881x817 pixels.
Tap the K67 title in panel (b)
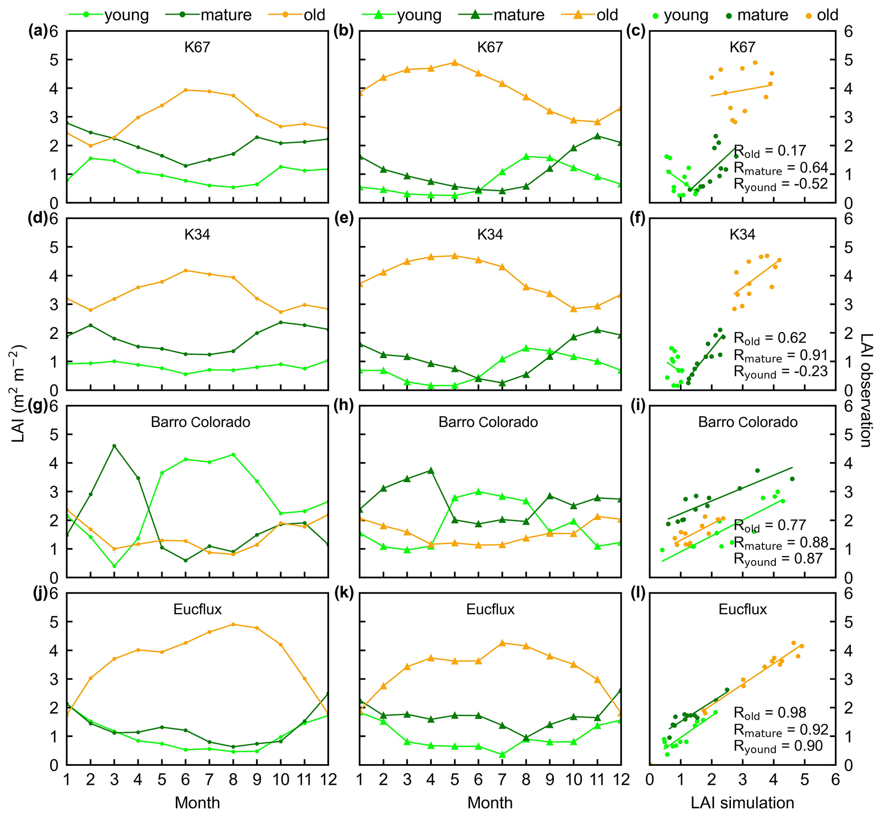coord(490,47)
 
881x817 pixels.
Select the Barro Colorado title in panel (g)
coord(200,422)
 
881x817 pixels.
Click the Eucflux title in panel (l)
coord(742,609)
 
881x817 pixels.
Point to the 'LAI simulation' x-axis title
coord(742,803)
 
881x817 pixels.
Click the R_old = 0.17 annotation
coord(770,151)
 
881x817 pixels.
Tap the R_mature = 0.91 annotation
coord(780,355)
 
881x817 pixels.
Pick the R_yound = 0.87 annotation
coord(780,559)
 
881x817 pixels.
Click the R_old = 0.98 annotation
coord(770,713)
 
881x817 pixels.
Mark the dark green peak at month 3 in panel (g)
coord(114,446)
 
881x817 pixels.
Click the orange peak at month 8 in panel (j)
coord(233,624)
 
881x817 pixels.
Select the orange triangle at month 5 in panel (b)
coord(454,62)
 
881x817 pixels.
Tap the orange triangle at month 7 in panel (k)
coord(502,643)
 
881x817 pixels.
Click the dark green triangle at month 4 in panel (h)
coord(430,470)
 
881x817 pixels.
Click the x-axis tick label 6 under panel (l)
coord(835,779)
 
